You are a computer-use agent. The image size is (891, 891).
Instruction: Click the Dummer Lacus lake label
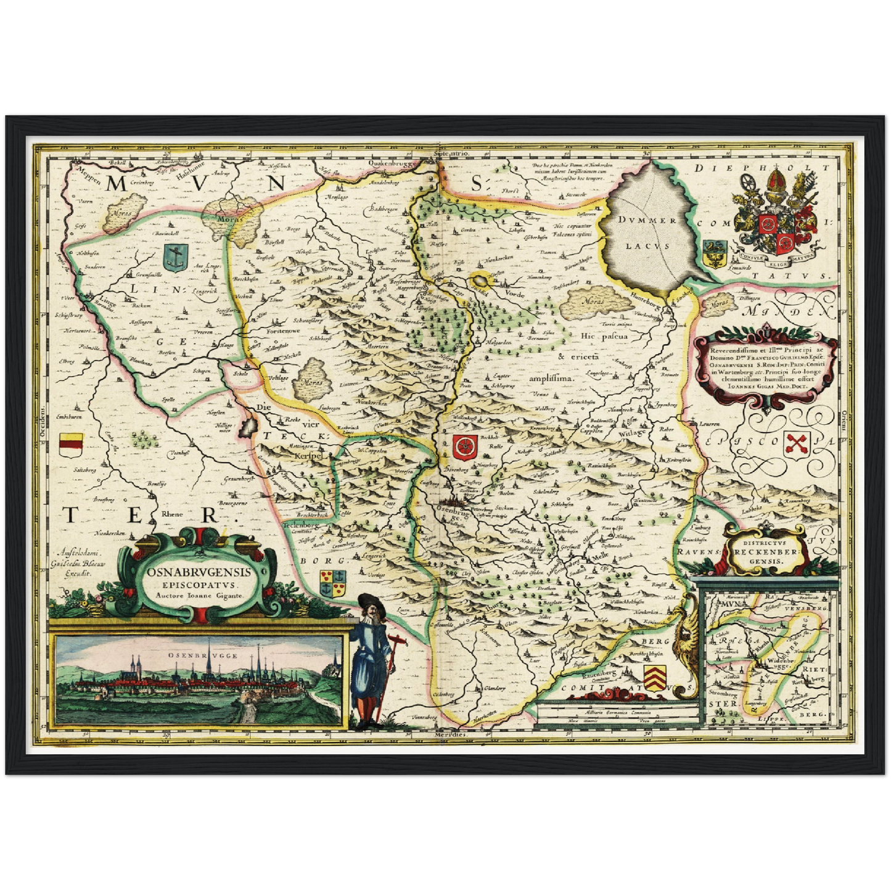(x=649, y=232)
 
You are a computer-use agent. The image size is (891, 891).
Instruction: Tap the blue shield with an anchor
(x=176, y=257)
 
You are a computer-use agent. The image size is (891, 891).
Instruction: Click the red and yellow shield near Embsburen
(x=71, y=443)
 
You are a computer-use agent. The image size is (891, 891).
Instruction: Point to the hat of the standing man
(x=372, y=602)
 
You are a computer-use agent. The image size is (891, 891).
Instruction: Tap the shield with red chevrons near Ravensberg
(x=655, y=674)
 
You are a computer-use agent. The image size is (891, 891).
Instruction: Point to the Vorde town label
(x=514, y=294)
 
